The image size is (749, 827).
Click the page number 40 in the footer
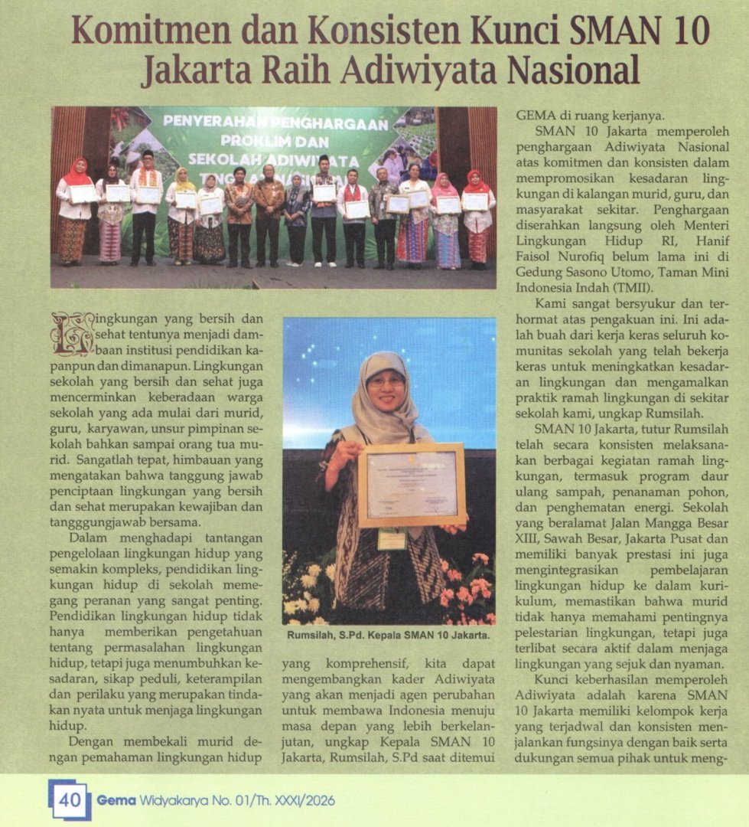click(x=70, y=800)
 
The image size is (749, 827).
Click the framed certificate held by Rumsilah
click(x=411, y=484)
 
